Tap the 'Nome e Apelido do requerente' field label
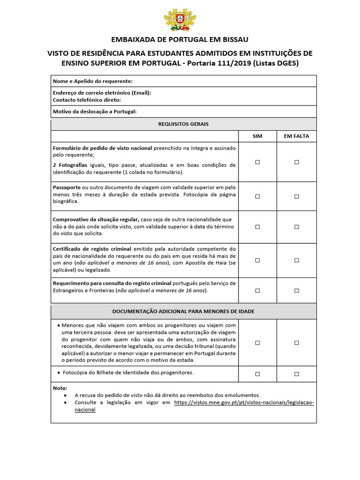pyautogui.click(x=93, y=81)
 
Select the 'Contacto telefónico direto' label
pyautogui.click(x=87, y=100)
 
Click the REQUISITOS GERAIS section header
pyautogui.click(x=183, y=124)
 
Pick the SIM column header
pyautogui.click(x=257, y=136)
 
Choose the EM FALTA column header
pyautogui.click(x=296, y=136)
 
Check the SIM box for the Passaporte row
pyautogui.click(x=257, y=196)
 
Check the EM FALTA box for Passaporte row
pyautogui.click(x=296, y=196)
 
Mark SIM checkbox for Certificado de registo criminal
pyautogui.click(x=257, y=260)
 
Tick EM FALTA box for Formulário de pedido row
pyautogui.click(x=296, y=162)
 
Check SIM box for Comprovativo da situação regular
pyautogui.click(x=257, y=226)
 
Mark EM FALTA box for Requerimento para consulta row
pyautogui.click(x=296, y=290)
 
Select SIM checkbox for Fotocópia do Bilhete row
pyautogui.click(x=257, y=374)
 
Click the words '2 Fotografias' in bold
pyautogui.click(x=70, y=165)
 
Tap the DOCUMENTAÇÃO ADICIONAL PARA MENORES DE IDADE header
pyautogui.click(x=183, y=311)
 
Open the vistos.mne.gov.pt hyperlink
pyautogui.click(x=244, y=402)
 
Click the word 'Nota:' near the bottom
pyautogui.click(x=60, y=388)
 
